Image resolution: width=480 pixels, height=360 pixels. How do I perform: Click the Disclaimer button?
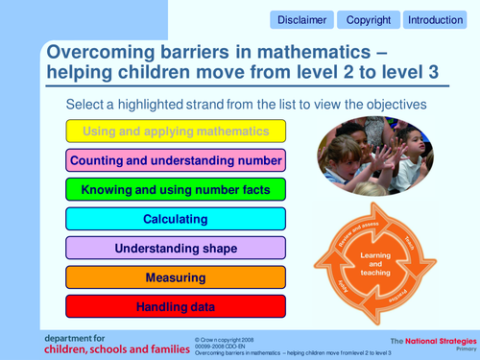click(x=302, y=19)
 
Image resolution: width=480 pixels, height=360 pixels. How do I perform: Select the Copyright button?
click(x=368, y=19)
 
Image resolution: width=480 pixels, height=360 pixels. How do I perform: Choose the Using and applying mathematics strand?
click(x=176, y=132)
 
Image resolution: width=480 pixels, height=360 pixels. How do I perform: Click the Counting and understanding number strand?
click(x=176, y=160)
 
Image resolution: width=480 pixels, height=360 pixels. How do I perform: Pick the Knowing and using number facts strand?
click(x=176, y=190)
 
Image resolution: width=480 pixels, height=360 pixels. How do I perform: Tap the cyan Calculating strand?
click(x=176, y=219)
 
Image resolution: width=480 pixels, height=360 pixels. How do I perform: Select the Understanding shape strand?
click(x=176, y=249)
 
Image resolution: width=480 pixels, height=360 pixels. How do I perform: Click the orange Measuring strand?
click(x=176, y=277)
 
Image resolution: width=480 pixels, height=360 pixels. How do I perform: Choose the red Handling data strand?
click(x=176, y=307)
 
